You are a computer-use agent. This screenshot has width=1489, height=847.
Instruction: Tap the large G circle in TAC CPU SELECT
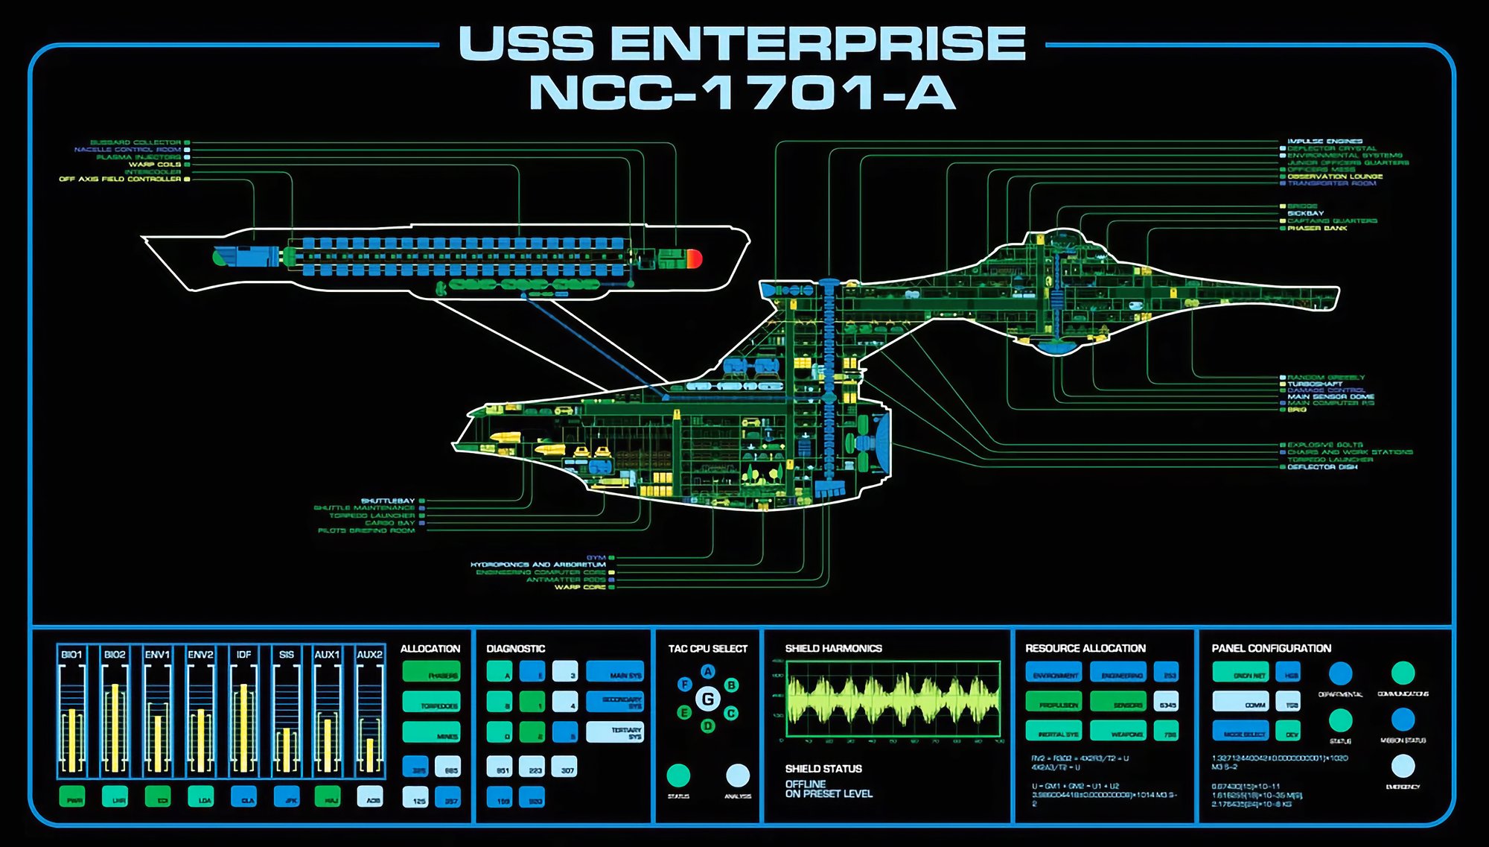(x=708, y=699)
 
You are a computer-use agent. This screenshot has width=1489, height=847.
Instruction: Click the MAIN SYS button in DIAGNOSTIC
(x=615, y=671)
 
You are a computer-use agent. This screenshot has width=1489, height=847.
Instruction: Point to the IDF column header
(x=243, y=654)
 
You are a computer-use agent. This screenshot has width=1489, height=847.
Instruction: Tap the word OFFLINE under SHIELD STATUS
(x=805, y=784)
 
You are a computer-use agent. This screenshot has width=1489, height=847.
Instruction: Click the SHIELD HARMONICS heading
(x=833, y=648)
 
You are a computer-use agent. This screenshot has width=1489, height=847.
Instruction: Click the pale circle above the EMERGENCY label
(x=1403, y=766)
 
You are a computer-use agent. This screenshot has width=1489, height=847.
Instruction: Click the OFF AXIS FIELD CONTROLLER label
(x=120, y=179)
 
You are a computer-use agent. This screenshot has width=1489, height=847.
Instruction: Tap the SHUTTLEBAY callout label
(x=387, y=501)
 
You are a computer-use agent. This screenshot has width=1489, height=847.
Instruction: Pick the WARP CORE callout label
(x=580, y=587)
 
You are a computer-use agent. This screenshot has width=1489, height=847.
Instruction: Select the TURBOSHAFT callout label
(x=1315, y=384)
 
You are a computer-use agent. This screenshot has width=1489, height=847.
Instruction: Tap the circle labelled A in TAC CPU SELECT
(x=708, y=671)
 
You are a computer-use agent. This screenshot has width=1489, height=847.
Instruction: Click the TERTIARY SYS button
(x=615, y=732)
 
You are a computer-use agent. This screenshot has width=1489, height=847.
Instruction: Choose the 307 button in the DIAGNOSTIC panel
(x=567, y=767)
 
